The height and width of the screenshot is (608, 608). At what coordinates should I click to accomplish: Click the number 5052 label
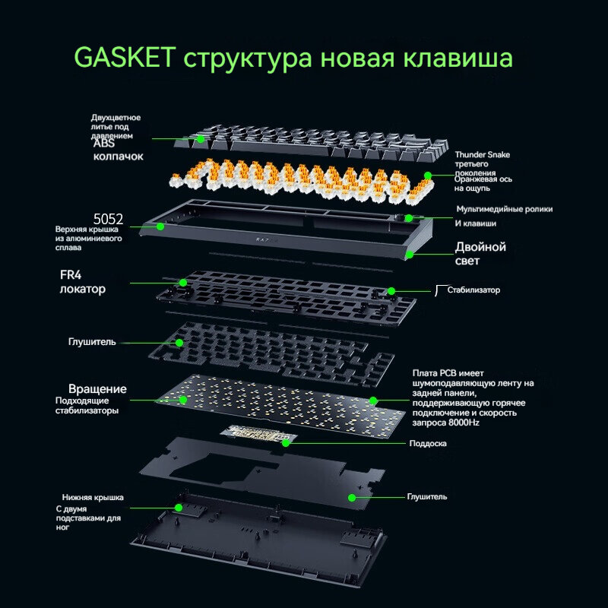[108, 218]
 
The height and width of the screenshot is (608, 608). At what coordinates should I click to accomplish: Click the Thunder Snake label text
[483, 155]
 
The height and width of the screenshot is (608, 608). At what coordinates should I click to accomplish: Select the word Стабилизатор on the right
[473, 290]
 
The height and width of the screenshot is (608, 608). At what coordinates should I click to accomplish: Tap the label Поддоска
[428, 443]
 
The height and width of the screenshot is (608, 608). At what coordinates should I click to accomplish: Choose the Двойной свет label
[480, 254]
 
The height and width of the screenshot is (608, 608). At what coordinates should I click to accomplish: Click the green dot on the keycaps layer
[200, 138]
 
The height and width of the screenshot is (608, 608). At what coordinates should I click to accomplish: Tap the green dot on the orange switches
[427, 176]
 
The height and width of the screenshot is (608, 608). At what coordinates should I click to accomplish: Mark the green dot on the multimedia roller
[409, 218]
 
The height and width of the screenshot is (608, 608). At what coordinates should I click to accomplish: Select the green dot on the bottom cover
[179, 507]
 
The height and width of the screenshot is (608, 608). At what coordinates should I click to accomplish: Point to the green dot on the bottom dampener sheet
[352, 497]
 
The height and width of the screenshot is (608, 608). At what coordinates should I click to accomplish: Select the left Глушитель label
[92, 342]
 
